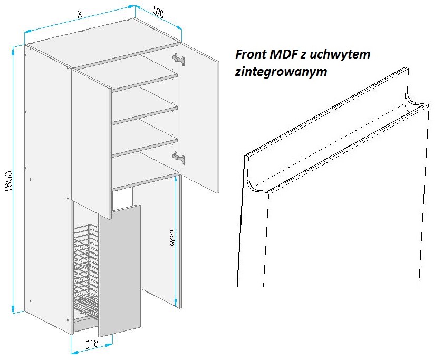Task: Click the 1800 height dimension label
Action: click(9, 181)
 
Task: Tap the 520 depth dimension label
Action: click(159, 13)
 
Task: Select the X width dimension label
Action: click(80, 14)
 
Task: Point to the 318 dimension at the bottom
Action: click(92, 344)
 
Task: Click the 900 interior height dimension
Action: click(172, 238)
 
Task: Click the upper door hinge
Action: click(179, 59)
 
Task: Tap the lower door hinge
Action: click(179, 158)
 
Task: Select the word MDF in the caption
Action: click(283, 54)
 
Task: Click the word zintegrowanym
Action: click(281, 72)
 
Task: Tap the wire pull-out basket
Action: click(86, 270)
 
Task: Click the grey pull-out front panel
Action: click(120, 271)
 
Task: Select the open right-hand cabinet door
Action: click(199, 118)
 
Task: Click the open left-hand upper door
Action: click(91, 144)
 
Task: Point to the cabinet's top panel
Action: click(103, 42)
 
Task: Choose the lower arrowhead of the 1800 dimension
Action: click(13, 309)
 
